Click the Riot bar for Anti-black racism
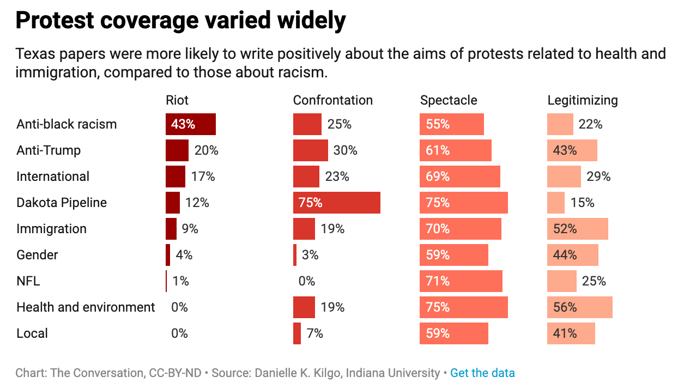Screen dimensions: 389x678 [x=191, y=124]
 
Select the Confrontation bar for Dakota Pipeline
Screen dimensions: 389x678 [x=336, y=203]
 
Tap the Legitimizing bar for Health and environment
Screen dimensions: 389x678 [x=579, y=307]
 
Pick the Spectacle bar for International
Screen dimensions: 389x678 [x=459, y=177]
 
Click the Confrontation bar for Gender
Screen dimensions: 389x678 [x=295, y=255]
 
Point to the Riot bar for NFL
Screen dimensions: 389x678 [x=166, y=281]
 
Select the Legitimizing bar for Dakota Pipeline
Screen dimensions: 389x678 [x=556, y=203]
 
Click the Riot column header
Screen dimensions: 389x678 [x=177, y=100]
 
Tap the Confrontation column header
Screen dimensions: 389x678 [x=332, y=100]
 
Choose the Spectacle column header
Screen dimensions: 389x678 [x=449, y=100]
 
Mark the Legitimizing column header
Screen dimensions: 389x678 [x=582, y=100]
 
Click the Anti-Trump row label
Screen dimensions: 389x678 [x=49, y=150]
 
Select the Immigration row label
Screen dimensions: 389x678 [x=51, y=229]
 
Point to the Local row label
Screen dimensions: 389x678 [x=32, y=333]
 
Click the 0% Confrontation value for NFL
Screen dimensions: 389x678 [x=306, y=281]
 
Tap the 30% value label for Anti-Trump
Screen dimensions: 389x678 [x=345, y=150]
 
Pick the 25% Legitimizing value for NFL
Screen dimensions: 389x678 [x=594, y=281]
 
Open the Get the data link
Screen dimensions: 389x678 [x=482, y=373]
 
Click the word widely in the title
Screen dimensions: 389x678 [x=310, y=21]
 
